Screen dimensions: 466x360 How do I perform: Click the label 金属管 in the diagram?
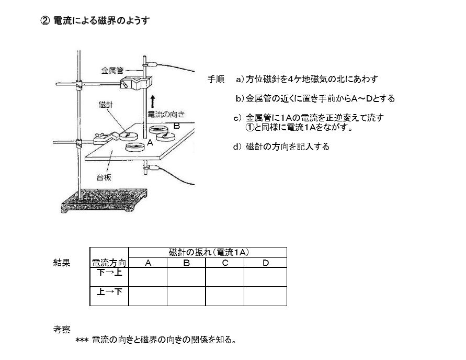click(112, 71)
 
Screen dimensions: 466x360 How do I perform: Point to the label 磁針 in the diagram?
click(106, 104)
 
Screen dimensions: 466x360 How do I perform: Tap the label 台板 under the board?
click(104, 177)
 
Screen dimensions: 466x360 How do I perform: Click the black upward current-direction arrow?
click(153, 102)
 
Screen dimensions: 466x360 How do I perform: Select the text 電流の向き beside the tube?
click(166, 114)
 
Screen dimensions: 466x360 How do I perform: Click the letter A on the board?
click(150, 143)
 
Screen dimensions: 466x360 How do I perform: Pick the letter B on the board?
click(177, 126)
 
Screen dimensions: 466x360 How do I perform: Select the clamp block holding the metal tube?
click(136, 82)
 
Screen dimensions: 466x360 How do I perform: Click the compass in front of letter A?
click(135, 147)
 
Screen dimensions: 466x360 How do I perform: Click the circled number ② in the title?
click(45, 20)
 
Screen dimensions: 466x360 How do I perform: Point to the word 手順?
click(216, 79)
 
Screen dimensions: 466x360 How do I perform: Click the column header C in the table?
click(225, 263)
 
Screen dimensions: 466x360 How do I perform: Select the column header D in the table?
click(266, 263)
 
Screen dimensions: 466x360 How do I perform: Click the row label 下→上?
click(109, 272)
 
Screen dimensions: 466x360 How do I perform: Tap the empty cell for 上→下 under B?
click(186, 296)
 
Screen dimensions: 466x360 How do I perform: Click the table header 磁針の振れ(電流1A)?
click(209, 252)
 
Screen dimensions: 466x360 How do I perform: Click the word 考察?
click(62, 329)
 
